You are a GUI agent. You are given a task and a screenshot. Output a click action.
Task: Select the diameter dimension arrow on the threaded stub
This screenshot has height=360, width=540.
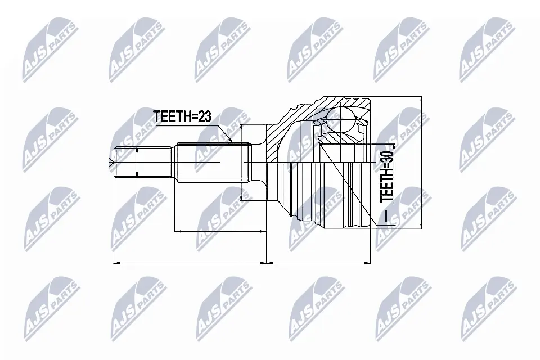coord(137,163)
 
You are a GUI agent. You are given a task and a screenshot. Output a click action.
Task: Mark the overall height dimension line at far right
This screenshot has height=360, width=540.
coord(421,163)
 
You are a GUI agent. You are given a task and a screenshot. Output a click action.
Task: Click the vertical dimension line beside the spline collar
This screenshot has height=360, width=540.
coord(241,163)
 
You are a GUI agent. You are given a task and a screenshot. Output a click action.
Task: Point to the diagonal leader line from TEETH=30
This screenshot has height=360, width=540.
coord(349,186)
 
